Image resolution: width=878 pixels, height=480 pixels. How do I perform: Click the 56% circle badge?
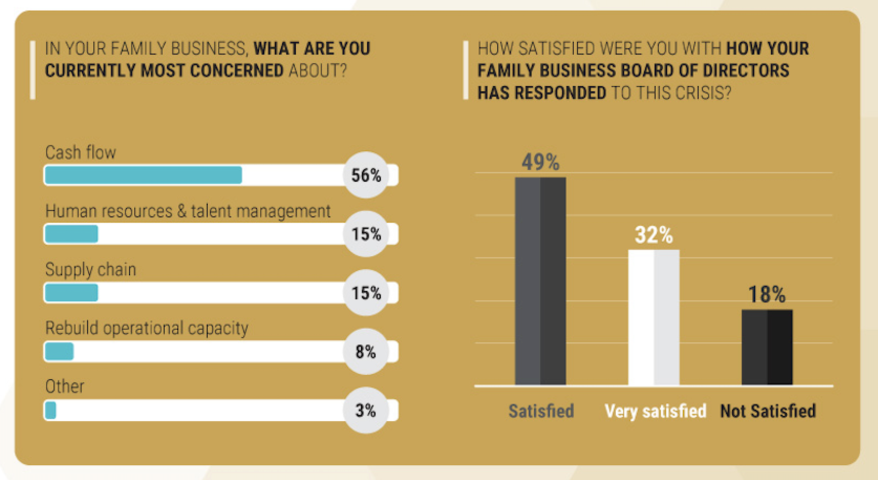click(366, 175)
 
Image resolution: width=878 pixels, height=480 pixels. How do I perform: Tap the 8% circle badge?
click(366, 351)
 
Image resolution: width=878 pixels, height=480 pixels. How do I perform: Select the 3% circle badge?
click(366, 410)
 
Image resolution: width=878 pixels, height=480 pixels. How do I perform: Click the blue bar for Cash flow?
click(143, 175)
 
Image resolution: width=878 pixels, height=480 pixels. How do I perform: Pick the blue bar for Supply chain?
click(71, 293)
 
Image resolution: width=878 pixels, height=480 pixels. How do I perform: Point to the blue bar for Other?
click(50, 410)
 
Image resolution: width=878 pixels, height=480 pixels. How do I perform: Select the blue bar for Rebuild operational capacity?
click(59, 351)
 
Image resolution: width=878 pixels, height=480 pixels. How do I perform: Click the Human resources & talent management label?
click(188, 211)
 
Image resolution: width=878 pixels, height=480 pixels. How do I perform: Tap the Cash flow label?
click(80, 152)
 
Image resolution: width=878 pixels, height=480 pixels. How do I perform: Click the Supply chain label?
click(90, 269)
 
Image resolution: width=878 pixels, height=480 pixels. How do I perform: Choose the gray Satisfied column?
click(540, 281)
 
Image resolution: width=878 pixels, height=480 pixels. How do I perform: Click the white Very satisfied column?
click(654, 317)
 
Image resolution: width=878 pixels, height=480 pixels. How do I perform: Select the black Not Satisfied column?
click(767, 347)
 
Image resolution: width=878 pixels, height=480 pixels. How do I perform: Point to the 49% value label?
click(540, 162)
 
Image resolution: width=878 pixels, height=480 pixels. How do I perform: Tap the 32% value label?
click(654, 235)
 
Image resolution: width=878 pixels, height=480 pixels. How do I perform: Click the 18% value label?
click(767, 295)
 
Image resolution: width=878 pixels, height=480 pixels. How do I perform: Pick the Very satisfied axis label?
click(655, 411)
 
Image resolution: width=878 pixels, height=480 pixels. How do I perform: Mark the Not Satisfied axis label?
click(768, 411)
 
